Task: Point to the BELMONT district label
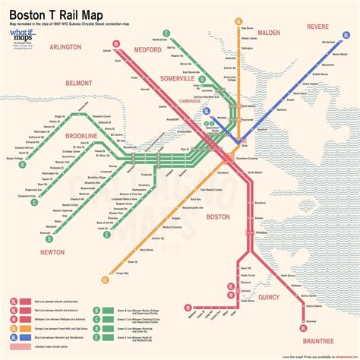pos(57,81)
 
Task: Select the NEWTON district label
pos(43,251)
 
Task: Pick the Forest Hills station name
pos(137,274)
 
